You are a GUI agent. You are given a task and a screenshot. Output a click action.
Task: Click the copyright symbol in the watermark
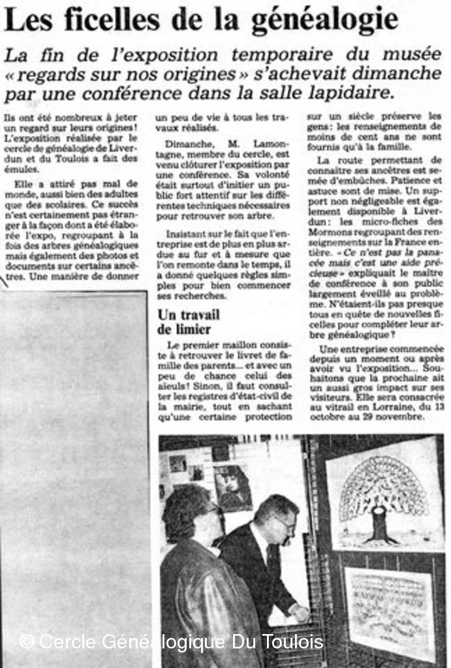27,642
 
